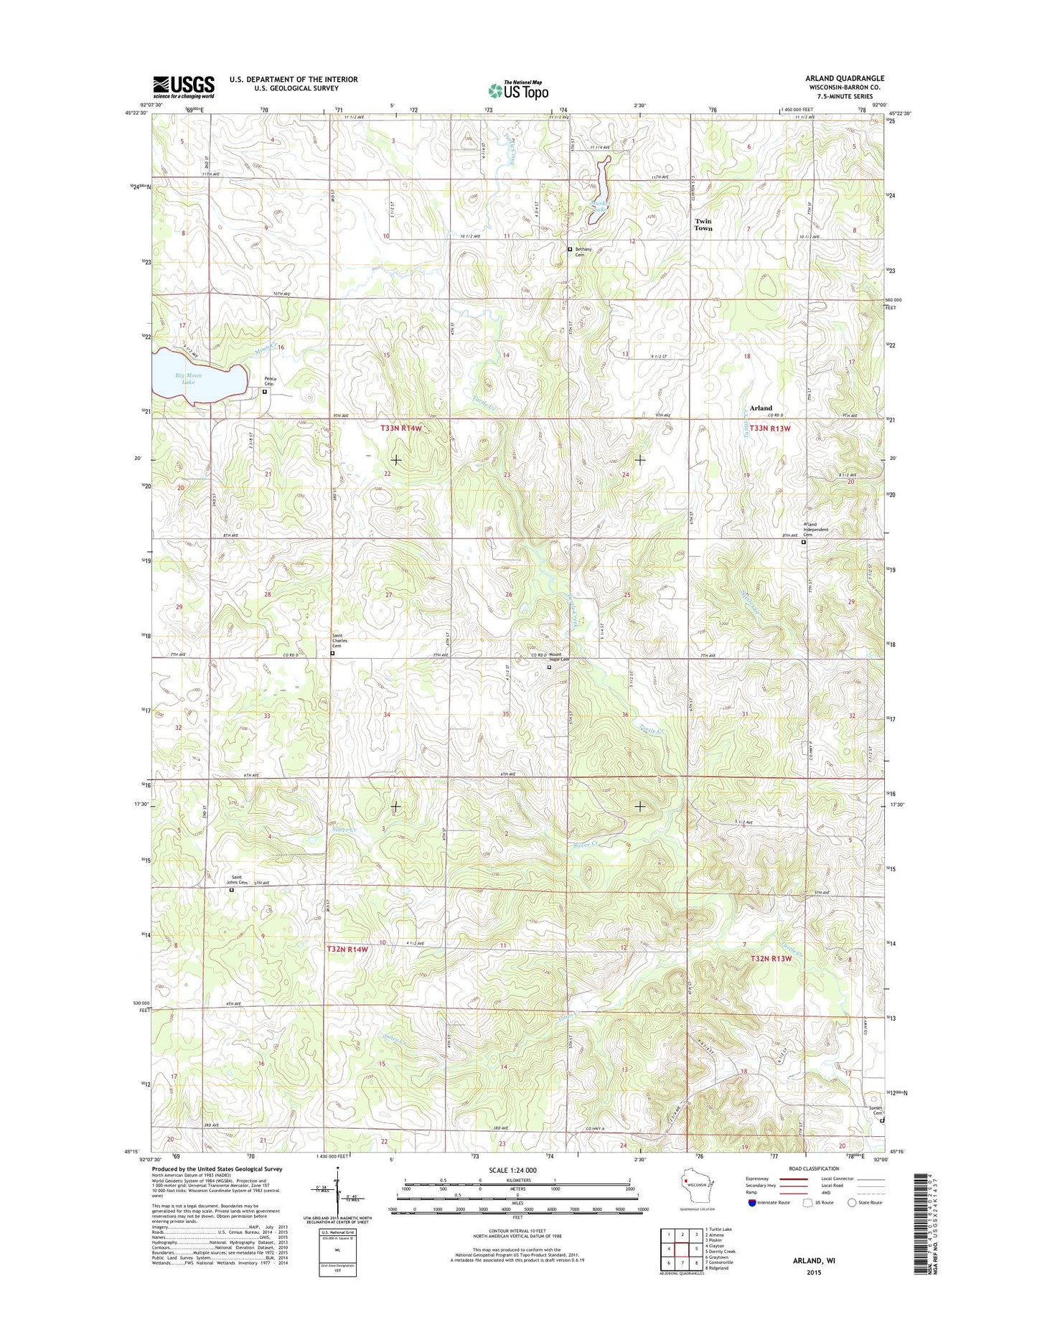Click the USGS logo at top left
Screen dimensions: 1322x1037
(183, 87)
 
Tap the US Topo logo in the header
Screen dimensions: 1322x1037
(518, 90)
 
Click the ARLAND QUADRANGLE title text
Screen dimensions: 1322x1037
(835, 78)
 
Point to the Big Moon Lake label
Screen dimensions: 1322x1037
(188, 378)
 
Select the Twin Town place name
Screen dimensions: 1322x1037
(703, 225)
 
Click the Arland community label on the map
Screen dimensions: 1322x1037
(761, 408)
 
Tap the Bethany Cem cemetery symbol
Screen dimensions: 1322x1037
(570, 249)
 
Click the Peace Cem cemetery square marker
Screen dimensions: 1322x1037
(264, 392)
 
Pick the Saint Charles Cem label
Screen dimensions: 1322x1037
(339, 640)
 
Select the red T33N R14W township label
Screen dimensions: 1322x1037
(405, 428)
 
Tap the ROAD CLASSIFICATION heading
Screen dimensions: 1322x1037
(815, 1189)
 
